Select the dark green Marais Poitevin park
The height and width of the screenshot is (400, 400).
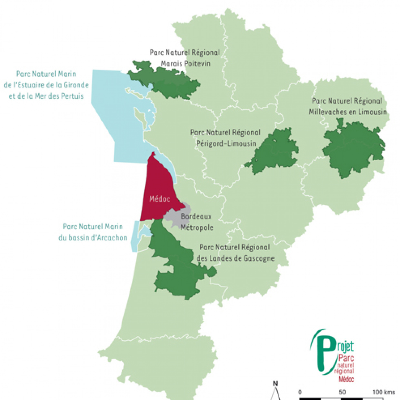pyautogui.click(x=165, y=82)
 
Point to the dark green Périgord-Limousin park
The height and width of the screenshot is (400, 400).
pyautogui.click(x=274, y=152)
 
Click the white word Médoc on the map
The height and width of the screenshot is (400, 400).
pyautogui.click(x=160, y=199)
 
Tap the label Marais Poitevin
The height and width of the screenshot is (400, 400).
pyautogui.click(x=185, y=64)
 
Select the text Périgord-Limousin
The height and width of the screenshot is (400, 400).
pyautogui.click(x=226, y=144)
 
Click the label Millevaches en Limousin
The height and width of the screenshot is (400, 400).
pyautogui.click(x=348, y=112)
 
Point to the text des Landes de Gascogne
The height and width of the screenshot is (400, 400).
pyautogui.click(x=235, y=258)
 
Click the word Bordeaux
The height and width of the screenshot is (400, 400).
pyautogui.click(x=196, y=216)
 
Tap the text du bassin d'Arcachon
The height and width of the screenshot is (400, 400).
pyautogui.click(x=93, y=238)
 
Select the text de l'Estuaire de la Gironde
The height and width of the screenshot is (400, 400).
pyautogui.click(x=46, y=85)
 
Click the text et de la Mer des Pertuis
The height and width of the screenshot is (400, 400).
pyautogui.click(x=46, y=96)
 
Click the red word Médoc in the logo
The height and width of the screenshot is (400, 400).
pyautogui.click(x=346, y=379)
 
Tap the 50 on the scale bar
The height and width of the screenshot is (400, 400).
pyautogui.click(x=342, y=392)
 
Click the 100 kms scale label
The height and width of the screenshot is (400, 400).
pyautogui.click(x=384, y=392)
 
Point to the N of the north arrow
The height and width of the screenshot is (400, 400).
pyautogui.click(x=275, y=384)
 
